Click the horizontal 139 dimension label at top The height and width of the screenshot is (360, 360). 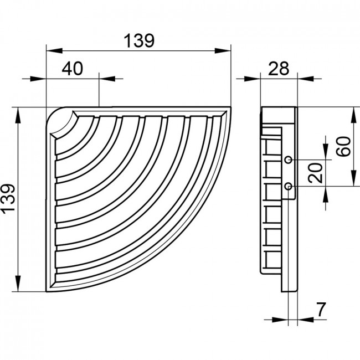pos(139,41)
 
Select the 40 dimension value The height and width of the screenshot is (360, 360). pos(72,69)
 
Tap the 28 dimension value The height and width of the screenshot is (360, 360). pos(279,68)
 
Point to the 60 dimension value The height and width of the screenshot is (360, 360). pos(344,146)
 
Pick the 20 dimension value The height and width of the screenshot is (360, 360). pos(316,173)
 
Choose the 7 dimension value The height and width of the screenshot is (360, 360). pos(321,309)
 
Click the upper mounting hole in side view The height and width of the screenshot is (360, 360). pos(289,160)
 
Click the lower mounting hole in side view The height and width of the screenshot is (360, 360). pos(289,186)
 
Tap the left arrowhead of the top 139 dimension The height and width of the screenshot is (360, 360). pos(54,51)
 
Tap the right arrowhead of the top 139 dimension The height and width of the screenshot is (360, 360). pos(223,51)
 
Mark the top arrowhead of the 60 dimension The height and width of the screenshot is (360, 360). pos(353,115)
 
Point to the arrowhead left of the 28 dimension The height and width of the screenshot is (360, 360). pos(253,79)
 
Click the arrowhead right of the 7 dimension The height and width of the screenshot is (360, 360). pos(306,320)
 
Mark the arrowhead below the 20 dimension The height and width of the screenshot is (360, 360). pos(326,194)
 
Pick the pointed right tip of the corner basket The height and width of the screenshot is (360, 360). pos(230,107)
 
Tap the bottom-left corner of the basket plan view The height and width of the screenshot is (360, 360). pos(47,291)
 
